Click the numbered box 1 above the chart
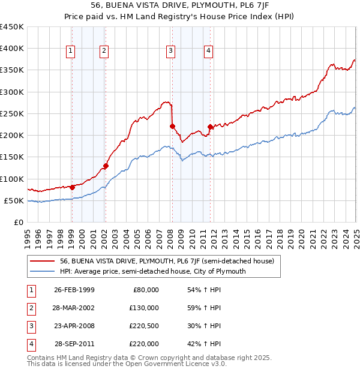tap(71, 51)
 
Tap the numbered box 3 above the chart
tap(171, 51)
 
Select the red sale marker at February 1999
tap(72, 187)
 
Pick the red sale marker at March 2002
tap(106, 166)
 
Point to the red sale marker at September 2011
tap(210, 127)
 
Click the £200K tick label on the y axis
tap(12, 136)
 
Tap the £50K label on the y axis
tap(14, 200)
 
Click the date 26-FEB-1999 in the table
tap(74, 290)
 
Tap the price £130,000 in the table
tap(144, 308)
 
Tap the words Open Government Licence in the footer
tap(164, 364)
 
